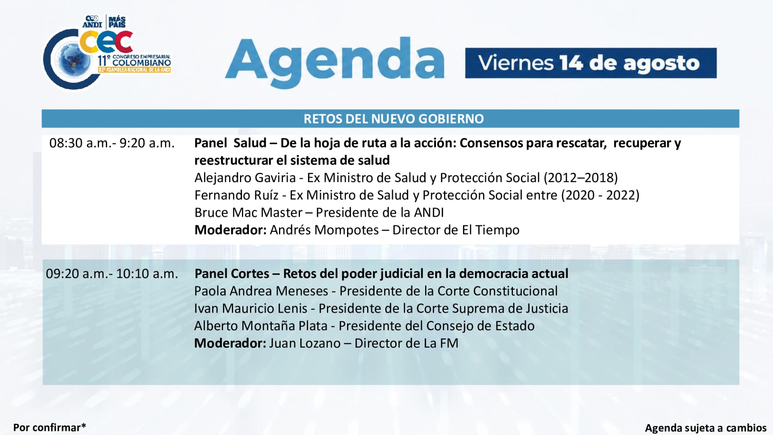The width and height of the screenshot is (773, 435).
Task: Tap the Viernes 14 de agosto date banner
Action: [591, 63]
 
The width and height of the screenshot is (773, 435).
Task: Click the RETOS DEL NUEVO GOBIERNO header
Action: [393, 119]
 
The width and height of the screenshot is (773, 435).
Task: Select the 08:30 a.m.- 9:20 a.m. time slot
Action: [112, 143]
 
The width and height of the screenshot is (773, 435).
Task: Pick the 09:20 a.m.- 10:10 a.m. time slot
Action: [112, 274]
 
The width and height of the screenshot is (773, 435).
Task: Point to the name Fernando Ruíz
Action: [236, 195]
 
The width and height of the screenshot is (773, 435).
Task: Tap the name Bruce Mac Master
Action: [248, 213]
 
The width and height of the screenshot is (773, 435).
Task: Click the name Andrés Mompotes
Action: [324, 230]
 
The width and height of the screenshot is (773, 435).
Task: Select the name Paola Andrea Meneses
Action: [261, 291]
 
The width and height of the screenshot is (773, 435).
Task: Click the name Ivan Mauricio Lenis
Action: [251, 309]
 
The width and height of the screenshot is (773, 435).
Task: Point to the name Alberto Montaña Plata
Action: [261, 326]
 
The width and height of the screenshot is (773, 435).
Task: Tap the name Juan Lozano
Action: [305, 343]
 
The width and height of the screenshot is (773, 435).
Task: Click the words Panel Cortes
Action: [232, 274]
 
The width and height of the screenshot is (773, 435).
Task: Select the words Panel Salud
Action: [230, 143]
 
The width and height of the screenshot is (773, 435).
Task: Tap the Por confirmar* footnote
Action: [50, 427]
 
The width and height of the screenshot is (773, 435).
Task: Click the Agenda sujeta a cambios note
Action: [706, 428]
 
